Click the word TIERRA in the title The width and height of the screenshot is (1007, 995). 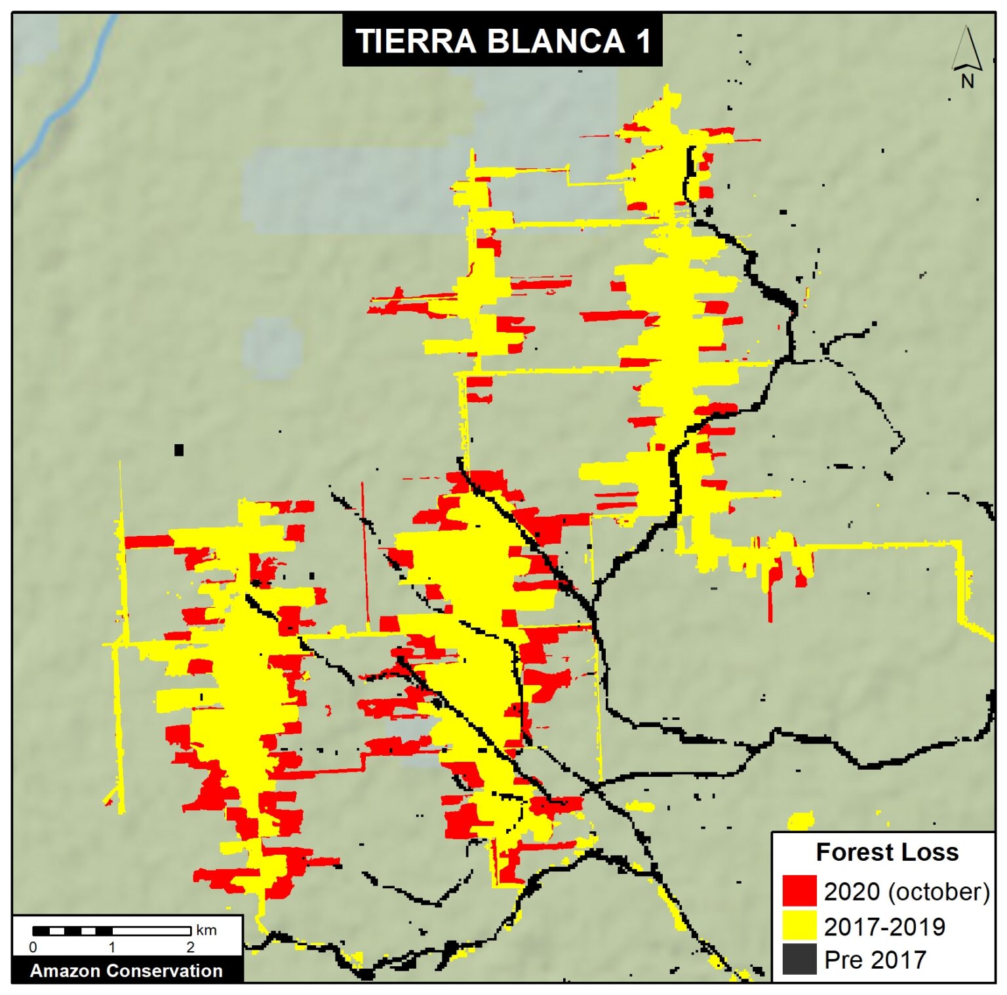tap(415, 41)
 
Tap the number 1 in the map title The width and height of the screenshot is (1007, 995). tap(642, 41)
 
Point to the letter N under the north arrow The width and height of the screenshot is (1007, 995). tap(967, 81)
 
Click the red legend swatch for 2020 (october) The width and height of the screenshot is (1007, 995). tap(799, 891)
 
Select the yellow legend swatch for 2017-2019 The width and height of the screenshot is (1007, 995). tap(799, 926)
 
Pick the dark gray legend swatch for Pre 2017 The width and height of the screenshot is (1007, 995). tap(799, 959)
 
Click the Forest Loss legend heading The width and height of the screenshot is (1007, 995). tap(886, 852)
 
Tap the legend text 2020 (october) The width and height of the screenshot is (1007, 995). tap(906, 892)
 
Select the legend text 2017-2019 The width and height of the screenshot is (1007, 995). tap(884, 926)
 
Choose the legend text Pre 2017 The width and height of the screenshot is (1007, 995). tap(875, 960)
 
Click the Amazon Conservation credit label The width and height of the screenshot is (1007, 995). tap(127, 970)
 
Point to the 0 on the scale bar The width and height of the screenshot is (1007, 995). tap(33, 947)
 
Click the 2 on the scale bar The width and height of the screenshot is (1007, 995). tap(190, 947)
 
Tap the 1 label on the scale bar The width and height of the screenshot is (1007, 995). tap(112, 947)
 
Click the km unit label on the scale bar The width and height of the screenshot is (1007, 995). tap(206, 930)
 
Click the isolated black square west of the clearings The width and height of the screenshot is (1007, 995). tap(178, 450)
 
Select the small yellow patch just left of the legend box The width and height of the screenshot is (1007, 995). tap(800, 820)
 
